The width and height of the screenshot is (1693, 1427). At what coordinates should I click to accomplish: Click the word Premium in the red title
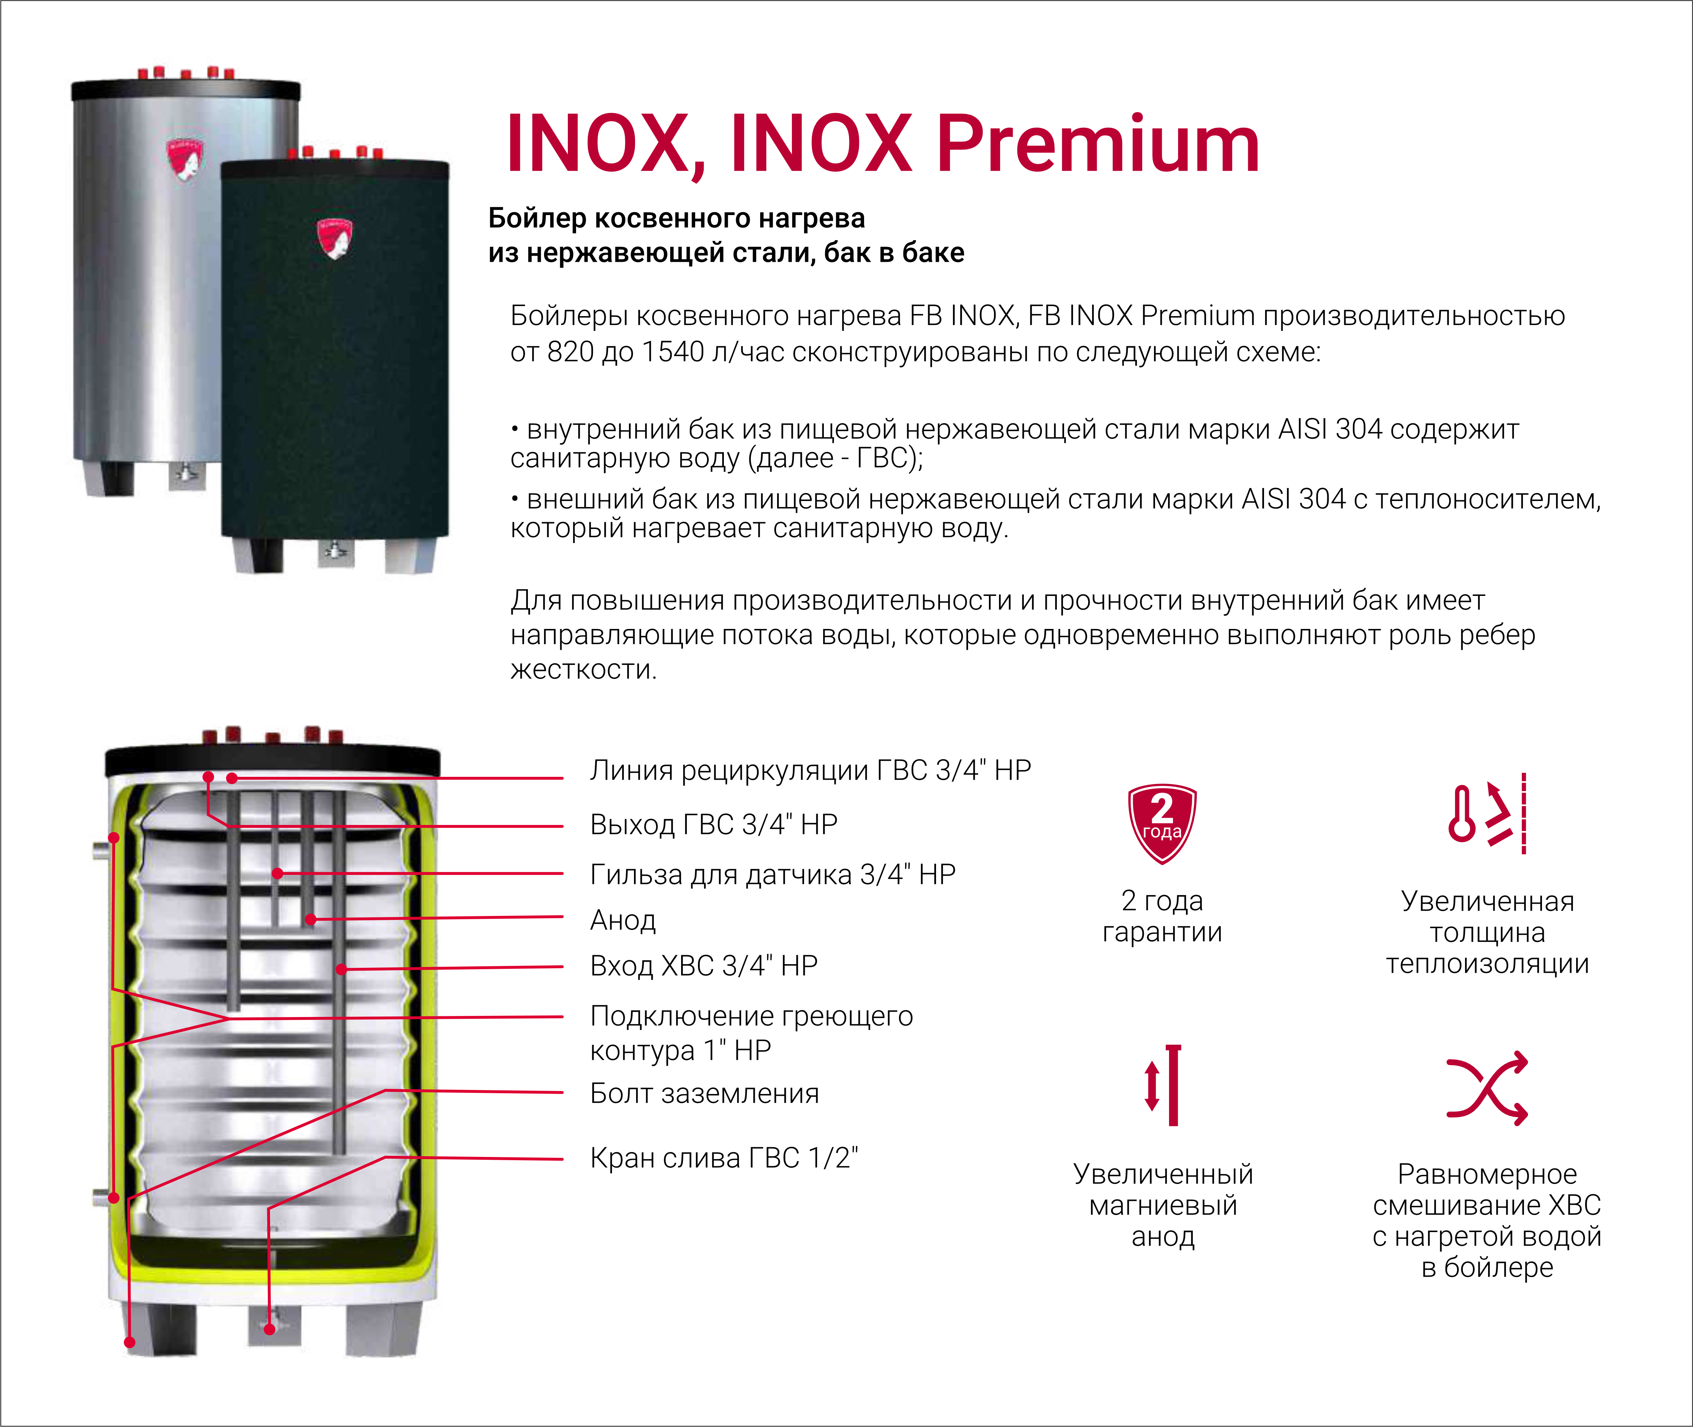pos(1098,146)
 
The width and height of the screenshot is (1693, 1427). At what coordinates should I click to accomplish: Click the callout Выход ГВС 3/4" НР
pos(713,824)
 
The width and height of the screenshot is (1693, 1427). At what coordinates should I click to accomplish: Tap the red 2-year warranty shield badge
pos(1162,823)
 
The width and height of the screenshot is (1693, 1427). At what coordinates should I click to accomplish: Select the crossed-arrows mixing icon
pos(1487,1088)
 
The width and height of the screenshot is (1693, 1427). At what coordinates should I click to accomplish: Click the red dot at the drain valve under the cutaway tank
pos(269,1329)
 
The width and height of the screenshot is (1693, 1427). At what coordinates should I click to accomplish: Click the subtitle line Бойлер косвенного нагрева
pos(676,218)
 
